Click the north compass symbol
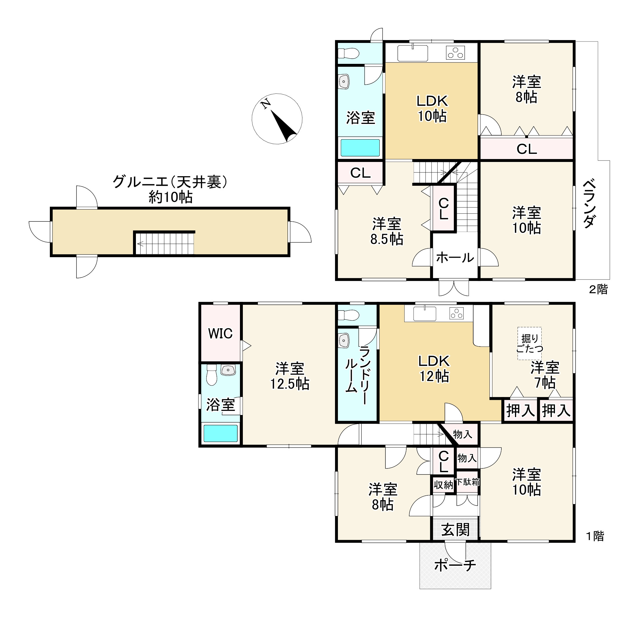click(x=277, y=119)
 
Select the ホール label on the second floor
click(x=455, y=258)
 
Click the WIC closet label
click(x=220, y=333)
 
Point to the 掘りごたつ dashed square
click(x=529, y=343)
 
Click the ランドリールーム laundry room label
click(x=358, y=374)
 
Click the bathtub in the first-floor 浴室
click(x=221, y=433)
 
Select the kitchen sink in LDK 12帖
click(x=425, y=314)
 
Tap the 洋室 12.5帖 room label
click(x=290, y=376)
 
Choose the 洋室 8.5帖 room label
click(x=387, y=232)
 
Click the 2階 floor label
click(x=598, y=289)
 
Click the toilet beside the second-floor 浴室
click(x=348, y=53)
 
